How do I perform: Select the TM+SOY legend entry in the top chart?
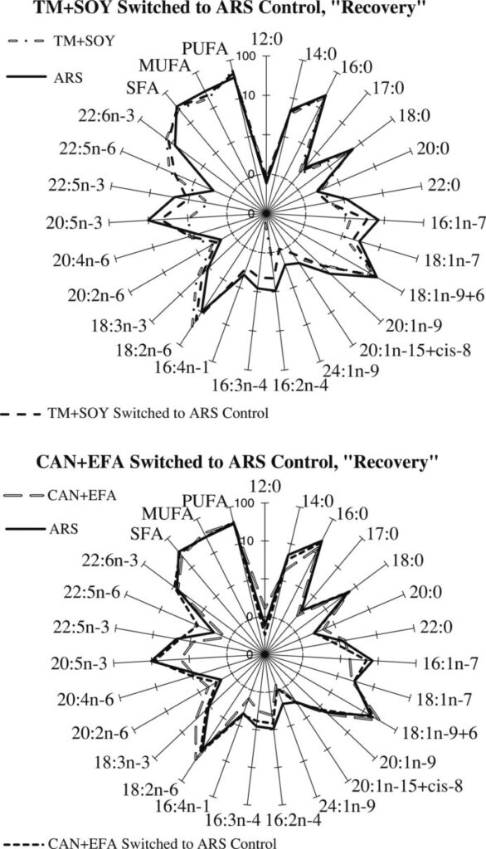[x=61, y=41]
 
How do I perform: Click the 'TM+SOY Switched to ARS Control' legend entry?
[x=135, y=414]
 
